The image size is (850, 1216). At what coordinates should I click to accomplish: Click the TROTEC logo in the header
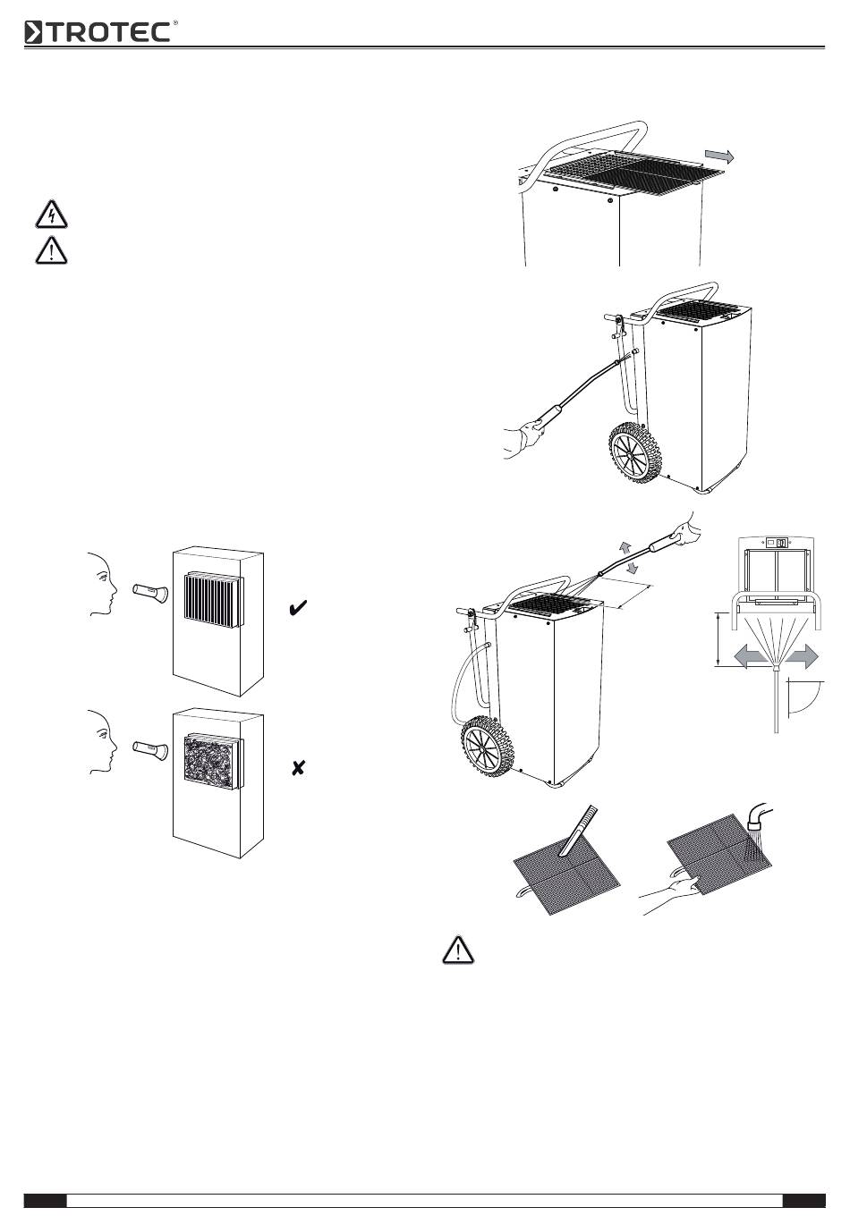pos(98,32)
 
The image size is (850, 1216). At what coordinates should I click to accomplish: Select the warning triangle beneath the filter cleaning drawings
pos(457,950)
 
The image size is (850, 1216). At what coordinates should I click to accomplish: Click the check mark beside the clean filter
pos(299,609)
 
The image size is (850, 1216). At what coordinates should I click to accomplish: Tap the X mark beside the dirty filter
pos(299,767)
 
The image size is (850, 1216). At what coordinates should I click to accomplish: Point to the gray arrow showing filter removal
pos(719,156)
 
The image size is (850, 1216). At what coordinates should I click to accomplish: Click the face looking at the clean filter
pos(101,586)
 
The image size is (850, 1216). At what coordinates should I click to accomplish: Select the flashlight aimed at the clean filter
pos(149,591)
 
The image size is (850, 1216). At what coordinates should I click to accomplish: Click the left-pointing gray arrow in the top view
pos(749,657)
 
